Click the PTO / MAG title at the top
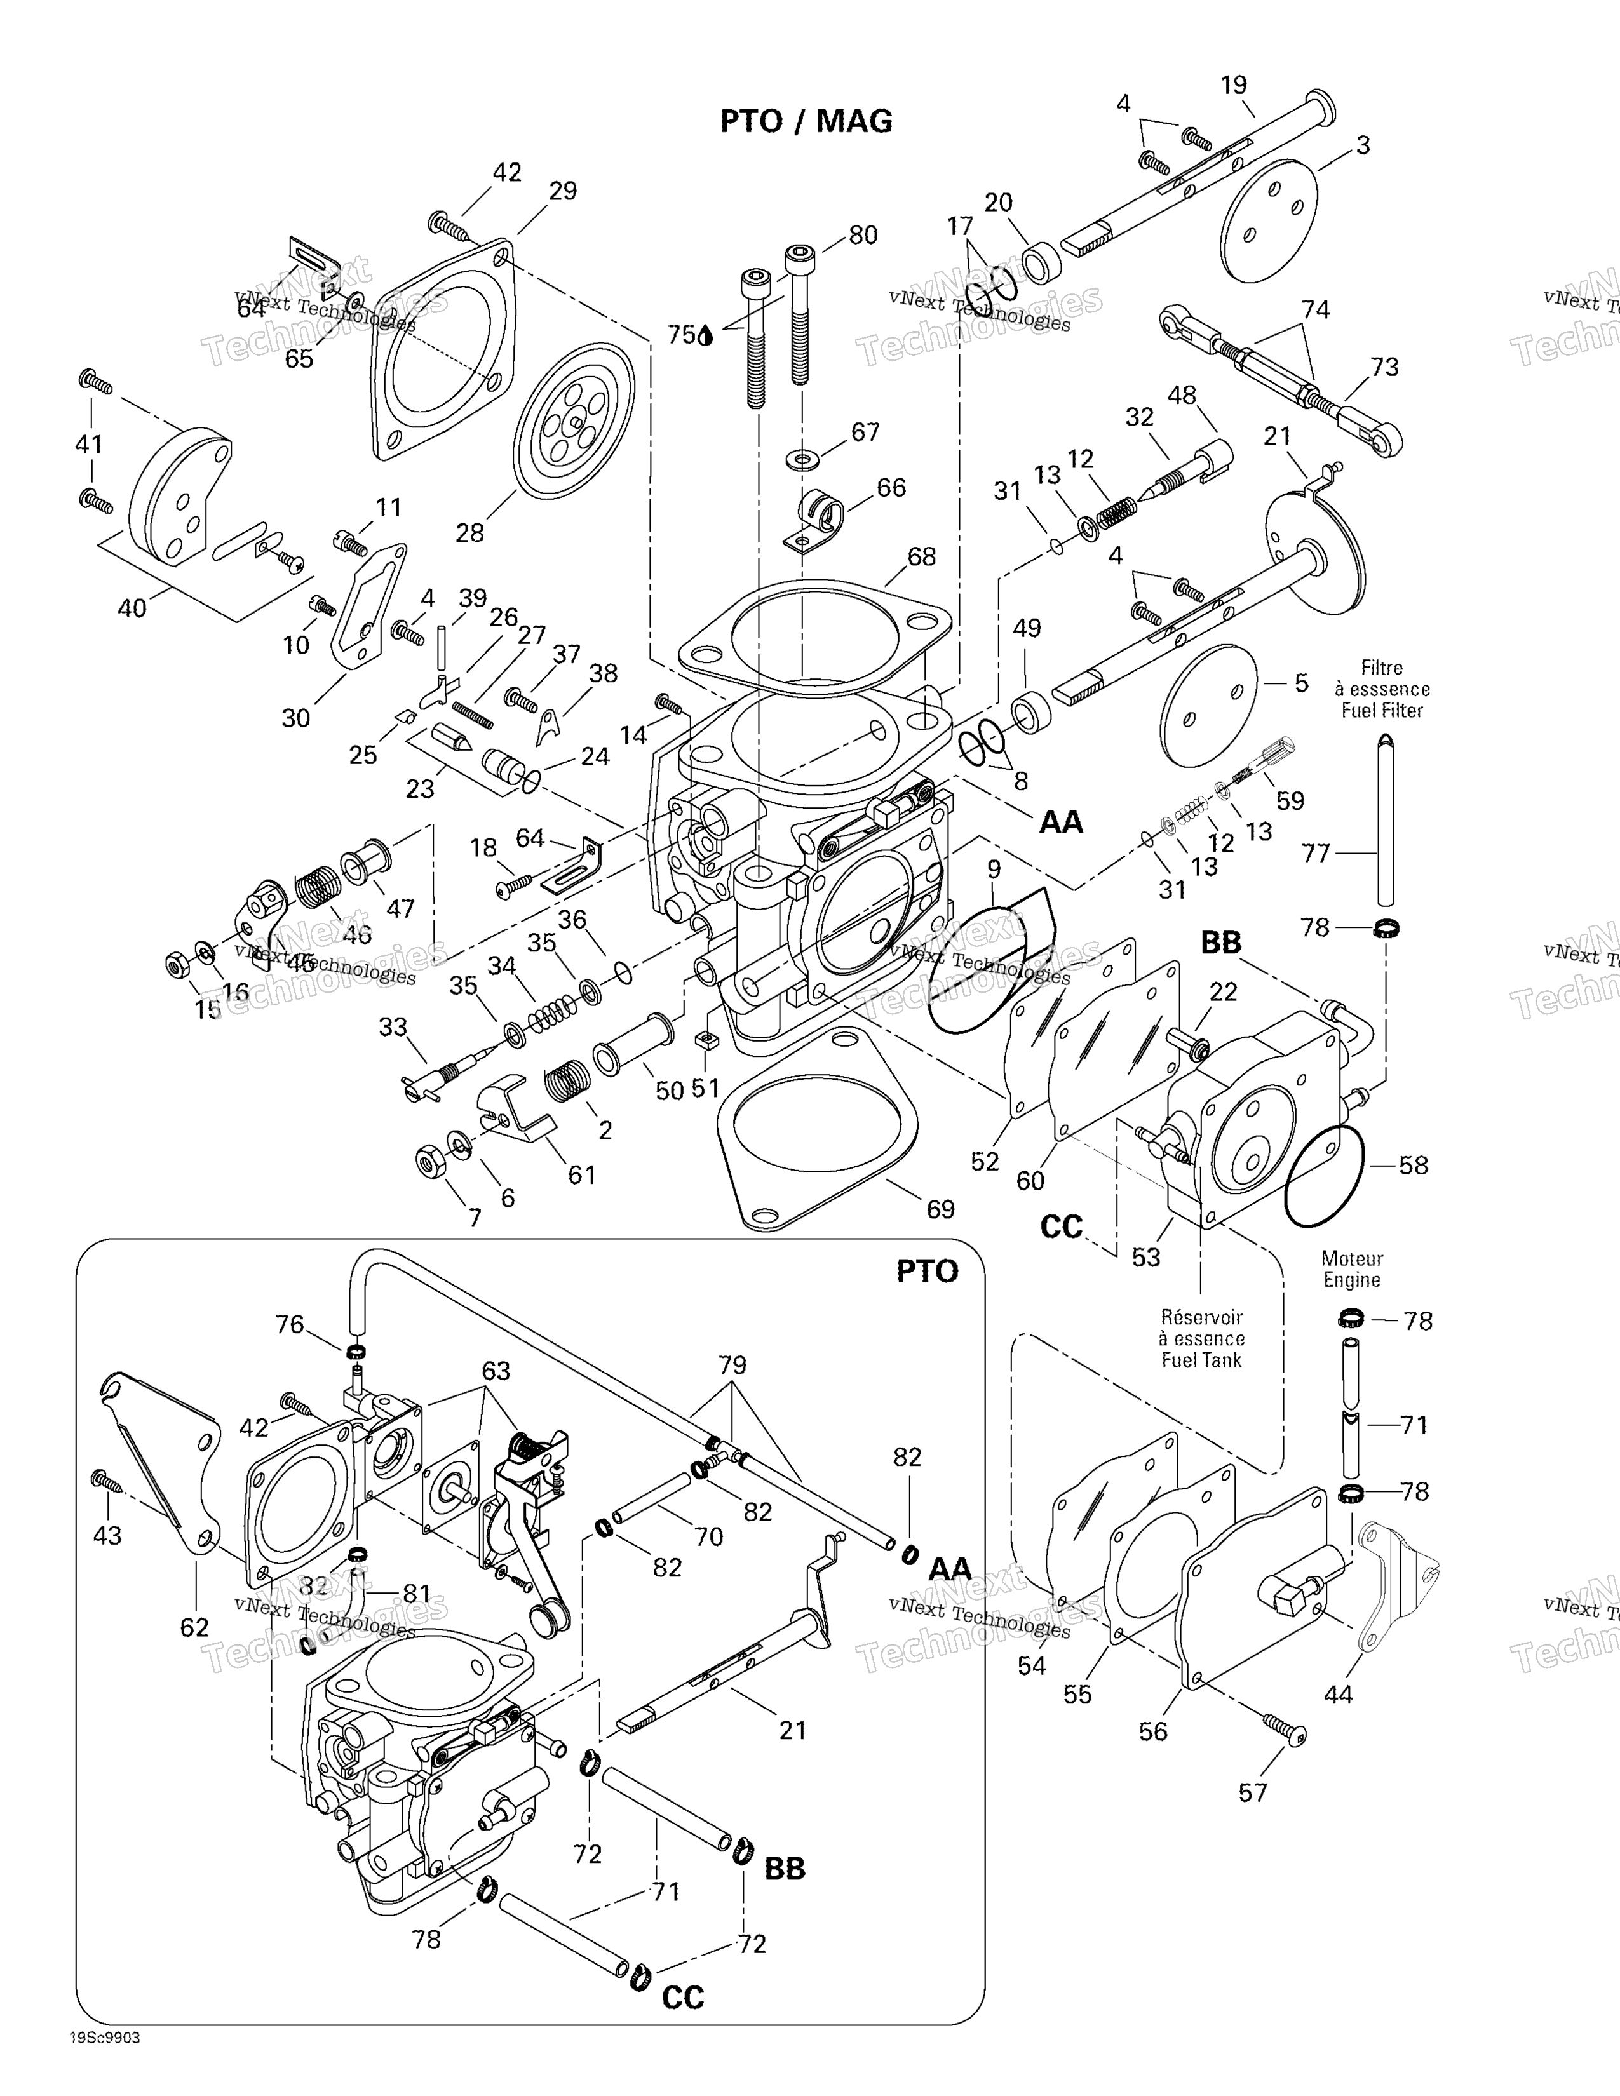click(x=806, y=121)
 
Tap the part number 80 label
click(x=863, y=235)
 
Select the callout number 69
click(x=940, y=1209)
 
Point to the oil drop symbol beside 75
click(x=706, y=335)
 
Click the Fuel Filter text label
click(x=1382, y=710)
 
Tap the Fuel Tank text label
click(x=1201, y=1360)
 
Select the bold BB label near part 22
click(x=1221, y=943)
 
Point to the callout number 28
click(x=469, y=533)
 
